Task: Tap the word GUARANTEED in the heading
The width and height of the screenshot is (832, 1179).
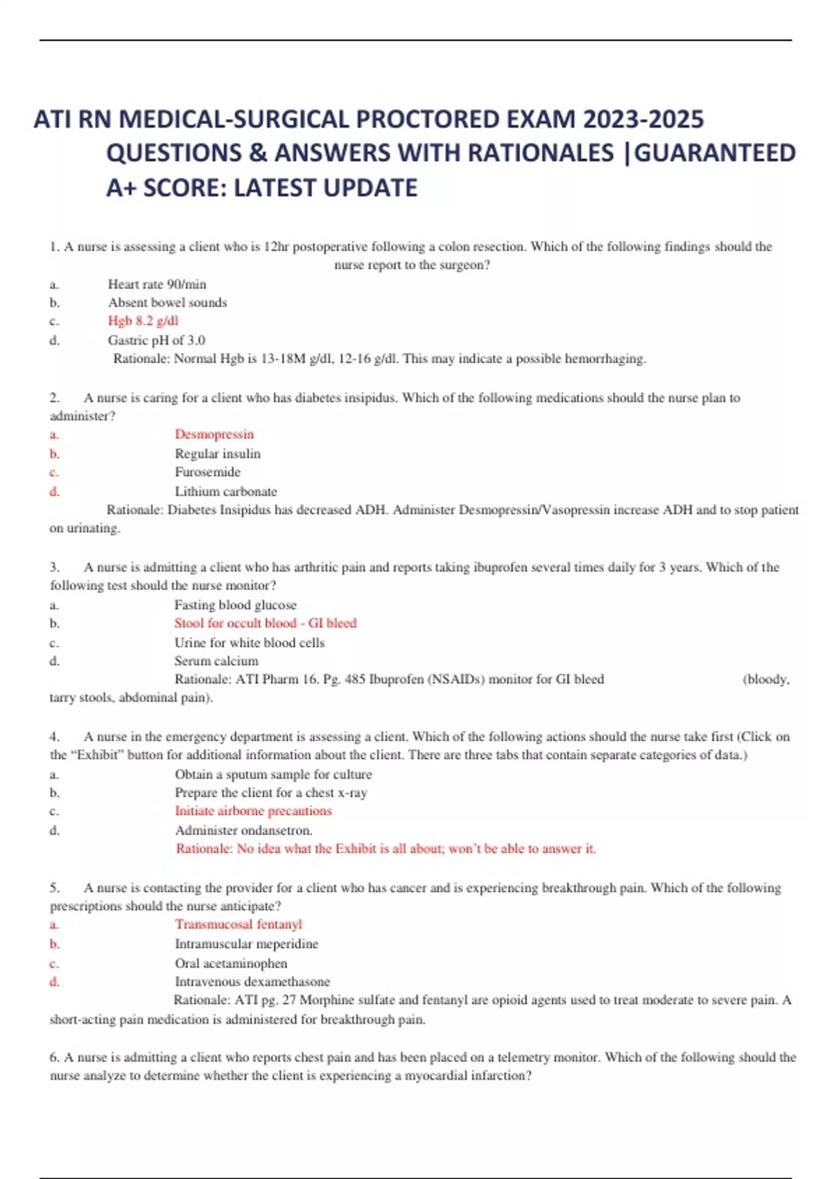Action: (715, 153)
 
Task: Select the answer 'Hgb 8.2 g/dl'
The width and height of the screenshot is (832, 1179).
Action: (143, 320)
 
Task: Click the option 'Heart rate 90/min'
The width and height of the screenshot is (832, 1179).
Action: (157, 284)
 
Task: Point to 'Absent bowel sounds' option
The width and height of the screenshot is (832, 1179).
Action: (167, 302)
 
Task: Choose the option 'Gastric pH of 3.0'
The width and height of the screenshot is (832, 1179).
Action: (156, 340)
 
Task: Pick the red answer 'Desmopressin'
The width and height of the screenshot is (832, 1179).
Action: (214, 434)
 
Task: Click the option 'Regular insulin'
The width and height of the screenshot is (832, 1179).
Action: (218, 454)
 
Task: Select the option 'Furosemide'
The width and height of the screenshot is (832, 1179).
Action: (207, 472)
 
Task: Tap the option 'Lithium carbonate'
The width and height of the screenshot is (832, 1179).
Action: (225, 492)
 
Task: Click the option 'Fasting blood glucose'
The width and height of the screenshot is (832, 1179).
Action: (235, 605)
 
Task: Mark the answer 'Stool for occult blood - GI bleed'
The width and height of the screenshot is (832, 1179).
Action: (265, 623)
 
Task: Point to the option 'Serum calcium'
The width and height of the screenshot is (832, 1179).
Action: (216, 661)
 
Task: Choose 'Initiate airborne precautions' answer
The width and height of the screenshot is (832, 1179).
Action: (253, 811)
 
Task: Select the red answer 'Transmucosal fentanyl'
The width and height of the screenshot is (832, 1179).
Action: (239, 924)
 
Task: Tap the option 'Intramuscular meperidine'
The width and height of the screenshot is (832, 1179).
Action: (246, 944)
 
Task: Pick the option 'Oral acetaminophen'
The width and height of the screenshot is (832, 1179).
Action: (231, 963)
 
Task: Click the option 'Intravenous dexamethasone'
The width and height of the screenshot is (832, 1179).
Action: (252, 981)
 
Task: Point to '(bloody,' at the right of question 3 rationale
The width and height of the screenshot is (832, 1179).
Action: (765, 679)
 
